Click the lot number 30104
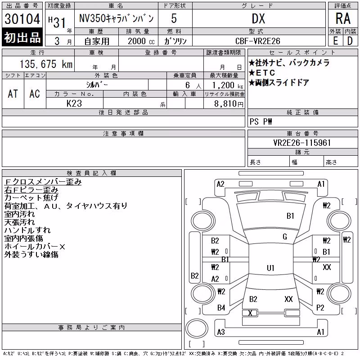tap(22, 19)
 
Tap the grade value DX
tap(258, 19)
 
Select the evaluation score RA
tap(343, 18)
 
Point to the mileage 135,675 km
tap(46, 64)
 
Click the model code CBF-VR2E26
tap(257, 41)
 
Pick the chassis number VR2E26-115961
tap(302, 143)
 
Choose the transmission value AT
tap(13, 94)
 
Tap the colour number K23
tap(74, 103)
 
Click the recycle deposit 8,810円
tap(229, 104)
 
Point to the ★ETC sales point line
tap(262, 73)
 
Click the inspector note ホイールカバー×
tap(35, 247)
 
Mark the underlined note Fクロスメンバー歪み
tap(43, 182)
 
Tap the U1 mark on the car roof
tap(270, 268)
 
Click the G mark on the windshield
tap(285, 237)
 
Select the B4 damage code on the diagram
tap(221, 308)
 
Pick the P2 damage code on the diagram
tap(320, 308)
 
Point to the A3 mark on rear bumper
tap(221, 332)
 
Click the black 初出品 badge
tap(22, 37)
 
